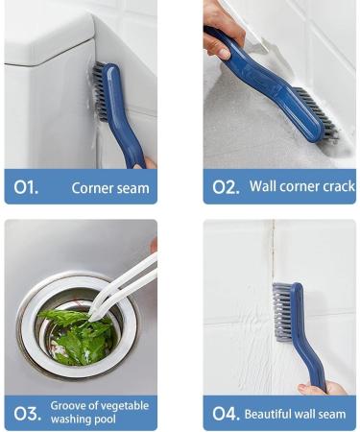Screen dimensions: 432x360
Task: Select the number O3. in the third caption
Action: pyautogui.click(x=27, y=414)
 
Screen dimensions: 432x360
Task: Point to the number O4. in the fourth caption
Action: pyautogui.click(x=226, y=414)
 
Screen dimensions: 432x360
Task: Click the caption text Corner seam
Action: pyautogui.click(x=110, y=188)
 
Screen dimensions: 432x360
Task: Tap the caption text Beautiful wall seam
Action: pyautogui.click(x=296, y=415)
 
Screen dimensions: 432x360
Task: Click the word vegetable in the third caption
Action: pyautogui.click(x=126, y=406)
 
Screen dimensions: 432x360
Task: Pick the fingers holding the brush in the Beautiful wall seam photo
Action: pyautogui.click(x=322, y=388)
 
